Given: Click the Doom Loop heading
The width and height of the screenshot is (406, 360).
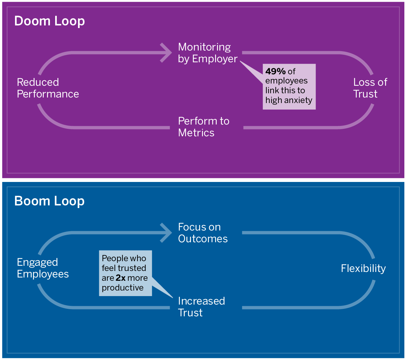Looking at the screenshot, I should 50,21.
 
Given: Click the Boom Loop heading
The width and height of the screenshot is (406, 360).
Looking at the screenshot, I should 50,201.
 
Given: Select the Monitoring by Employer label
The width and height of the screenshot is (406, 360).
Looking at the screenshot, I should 208,53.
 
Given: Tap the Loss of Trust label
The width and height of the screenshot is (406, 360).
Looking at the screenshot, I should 370,88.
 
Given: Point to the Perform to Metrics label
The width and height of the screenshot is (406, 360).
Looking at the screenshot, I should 204,127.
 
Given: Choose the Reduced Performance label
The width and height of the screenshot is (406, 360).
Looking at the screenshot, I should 48,88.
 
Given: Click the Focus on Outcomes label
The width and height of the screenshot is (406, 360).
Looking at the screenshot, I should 203,233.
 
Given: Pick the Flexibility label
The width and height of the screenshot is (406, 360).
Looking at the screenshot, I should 363,268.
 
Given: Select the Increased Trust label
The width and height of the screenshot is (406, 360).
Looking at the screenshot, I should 201,307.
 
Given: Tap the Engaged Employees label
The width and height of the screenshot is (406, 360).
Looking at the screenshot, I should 43,268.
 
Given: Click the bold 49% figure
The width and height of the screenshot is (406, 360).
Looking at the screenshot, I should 275,71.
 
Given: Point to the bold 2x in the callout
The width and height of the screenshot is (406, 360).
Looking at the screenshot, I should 120,278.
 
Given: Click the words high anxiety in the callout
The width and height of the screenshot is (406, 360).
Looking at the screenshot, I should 289,100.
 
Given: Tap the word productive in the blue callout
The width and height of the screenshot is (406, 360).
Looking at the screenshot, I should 123,288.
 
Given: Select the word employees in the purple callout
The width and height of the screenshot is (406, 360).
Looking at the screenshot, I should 286,81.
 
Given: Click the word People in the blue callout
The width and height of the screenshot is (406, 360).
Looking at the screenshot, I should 113,258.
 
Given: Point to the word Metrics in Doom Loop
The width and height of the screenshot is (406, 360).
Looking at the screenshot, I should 196,133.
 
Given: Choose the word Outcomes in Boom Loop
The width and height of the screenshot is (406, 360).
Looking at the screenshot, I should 203,239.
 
